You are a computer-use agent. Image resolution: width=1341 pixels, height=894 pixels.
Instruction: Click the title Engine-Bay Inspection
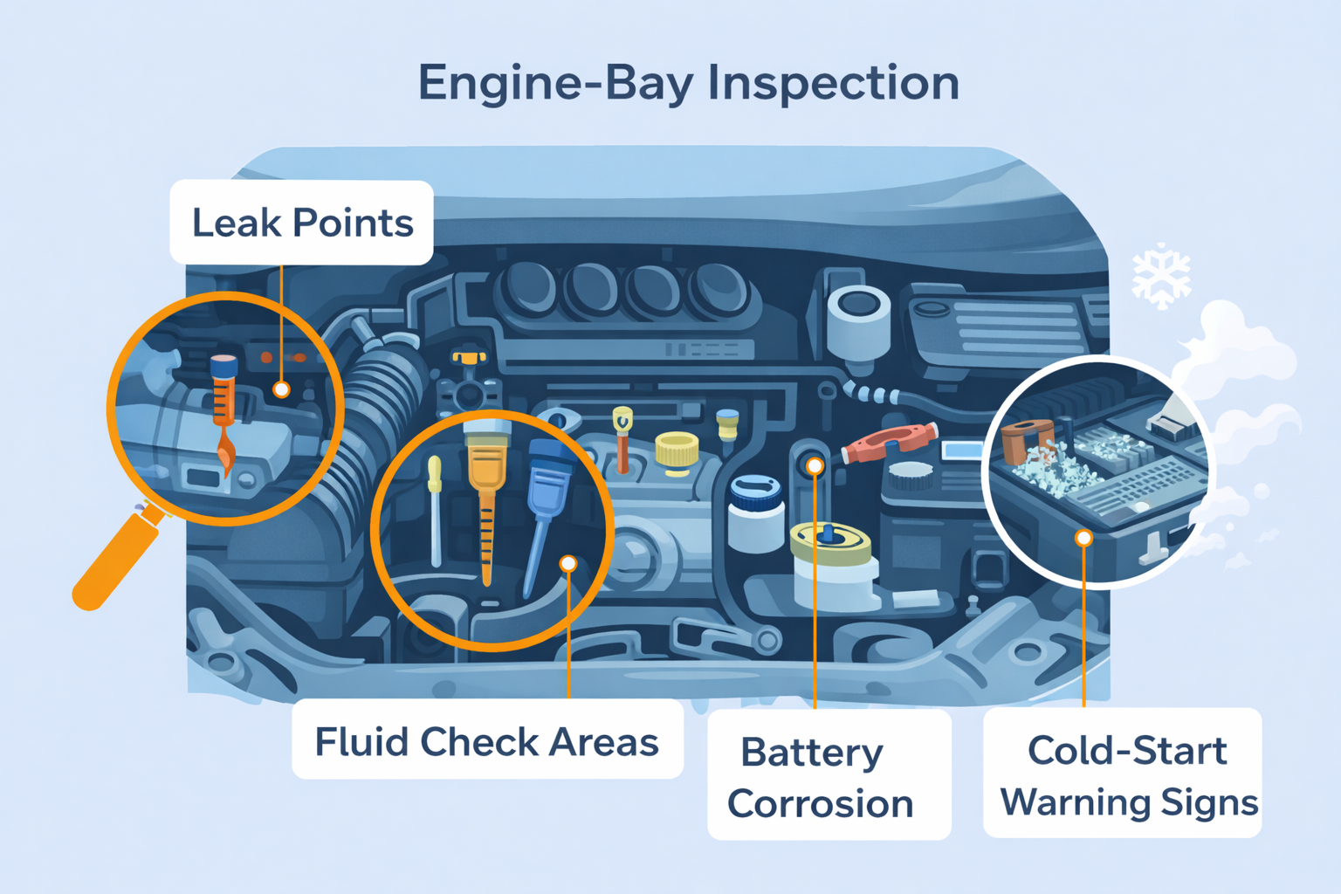click(689, 84)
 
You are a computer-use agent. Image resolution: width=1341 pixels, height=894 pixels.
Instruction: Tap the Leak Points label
click(302, 223)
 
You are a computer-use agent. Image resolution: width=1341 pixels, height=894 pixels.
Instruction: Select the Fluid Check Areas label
click(487, 741)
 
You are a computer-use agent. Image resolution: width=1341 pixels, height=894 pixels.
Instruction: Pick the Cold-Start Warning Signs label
click(1123, 774)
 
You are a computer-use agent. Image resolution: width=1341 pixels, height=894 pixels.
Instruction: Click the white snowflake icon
click(1161, 277)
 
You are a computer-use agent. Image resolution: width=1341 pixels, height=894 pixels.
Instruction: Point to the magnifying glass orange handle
click(117, 558)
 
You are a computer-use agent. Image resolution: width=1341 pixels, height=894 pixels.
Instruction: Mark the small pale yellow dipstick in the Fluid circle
click(435, 510)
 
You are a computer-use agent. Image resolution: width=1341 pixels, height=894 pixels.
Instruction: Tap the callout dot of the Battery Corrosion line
click(815, 466)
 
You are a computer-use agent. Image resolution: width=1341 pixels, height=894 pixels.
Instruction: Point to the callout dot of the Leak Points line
click(281, 389)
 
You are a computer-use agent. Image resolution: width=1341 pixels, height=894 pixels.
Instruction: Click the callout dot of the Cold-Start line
click(1083, 539)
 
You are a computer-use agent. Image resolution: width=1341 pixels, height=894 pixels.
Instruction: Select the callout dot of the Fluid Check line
click(568, 563)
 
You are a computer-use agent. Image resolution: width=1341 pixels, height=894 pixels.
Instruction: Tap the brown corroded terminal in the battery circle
click(1027, 440)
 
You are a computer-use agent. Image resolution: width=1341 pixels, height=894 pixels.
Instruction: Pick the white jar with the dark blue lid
click(756, 513)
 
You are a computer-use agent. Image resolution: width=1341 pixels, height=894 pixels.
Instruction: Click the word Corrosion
click(820, 803)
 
